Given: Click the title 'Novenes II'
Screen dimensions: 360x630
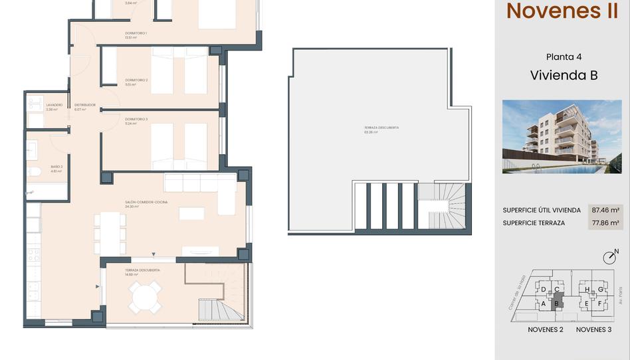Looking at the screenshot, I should coord(562,11).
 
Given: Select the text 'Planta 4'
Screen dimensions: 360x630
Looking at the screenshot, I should coord(564,57).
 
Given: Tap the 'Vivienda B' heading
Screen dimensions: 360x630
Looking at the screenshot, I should coord(564,75).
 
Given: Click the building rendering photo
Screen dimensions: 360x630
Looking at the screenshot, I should coord(562,136).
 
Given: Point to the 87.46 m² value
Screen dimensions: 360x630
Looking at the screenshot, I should coord(605,210).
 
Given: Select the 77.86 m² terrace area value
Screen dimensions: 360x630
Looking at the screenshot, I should coord(605,223).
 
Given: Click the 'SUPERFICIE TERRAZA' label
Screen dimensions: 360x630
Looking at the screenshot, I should coord(534,223).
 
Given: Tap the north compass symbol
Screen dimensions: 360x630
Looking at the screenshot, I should coord(609,257).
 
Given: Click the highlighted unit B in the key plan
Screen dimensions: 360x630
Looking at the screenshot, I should coord(557,303).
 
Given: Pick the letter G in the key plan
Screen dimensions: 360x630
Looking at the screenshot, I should coord(601,290).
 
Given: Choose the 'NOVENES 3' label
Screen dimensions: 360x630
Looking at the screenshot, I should coord(593,329).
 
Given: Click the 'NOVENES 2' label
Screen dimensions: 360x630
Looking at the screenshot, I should coord(546,329).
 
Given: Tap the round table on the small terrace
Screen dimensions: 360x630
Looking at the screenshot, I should coord(144,297).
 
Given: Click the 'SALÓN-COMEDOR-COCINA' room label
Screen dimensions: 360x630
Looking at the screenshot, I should coord(146,202).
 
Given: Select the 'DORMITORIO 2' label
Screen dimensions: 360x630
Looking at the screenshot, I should coord(136,80).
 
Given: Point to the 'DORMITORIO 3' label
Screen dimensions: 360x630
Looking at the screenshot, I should coord(136,119).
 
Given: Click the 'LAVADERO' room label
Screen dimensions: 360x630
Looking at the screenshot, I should coord(54,105).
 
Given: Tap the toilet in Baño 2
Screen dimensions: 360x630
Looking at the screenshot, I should coord(35,171).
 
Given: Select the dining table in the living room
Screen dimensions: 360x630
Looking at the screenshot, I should coord(110,233).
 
